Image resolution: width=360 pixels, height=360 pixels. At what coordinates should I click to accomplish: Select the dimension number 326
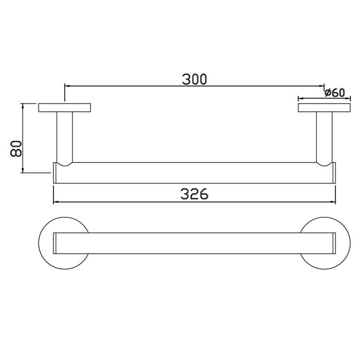point(194,194)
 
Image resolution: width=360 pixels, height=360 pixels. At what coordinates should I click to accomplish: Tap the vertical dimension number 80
point(16,148)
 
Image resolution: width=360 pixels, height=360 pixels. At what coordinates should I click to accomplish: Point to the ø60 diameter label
point(334,92)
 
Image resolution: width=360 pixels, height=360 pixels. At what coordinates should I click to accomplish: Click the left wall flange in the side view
point(65,108)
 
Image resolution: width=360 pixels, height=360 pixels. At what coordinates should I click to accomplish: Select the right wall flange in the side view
point(324,108)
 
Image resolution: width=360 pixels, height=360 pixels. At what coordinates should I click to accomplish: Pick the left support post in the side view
point(65,135)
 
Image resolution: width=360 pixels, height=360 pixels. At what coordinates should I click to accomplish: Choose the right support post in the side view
point(324,135)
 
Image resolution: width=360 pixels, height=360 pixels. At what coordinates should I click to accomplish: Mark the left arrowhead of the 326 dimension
point(56,202)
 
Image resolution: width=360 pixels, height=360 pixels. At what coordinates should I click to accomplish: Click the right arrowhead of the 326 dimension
point(333,202)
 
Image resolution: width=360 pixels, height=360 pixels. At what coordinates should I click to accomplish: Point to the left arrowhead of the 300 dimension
point(67,85)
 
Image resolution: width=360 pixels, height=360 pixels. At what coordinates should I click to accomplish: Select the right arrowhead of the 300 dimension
point(322,85)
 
